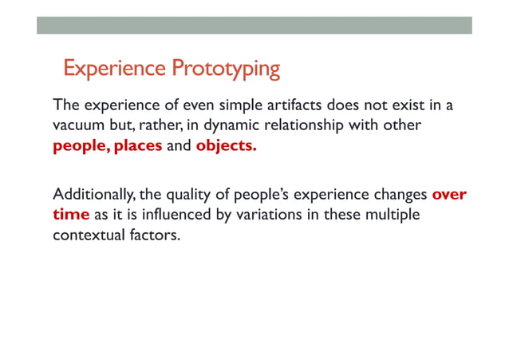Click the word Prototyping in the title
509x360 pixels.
(x=226, y=69)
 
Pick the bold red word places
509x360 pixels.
(x=139, y=147)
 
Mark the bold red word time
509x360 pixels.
(x=71, y=215)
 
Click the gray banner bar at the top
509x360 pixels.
(x=254, y=25)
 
